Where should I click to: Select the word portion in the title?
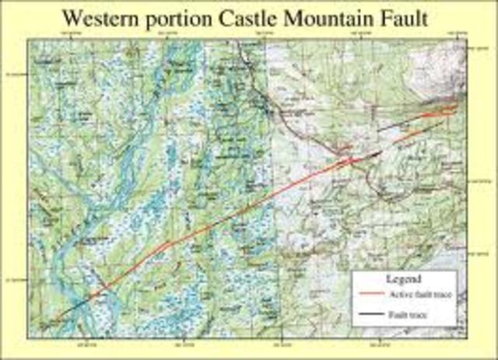point(188,17)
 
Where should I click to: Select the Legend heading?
point(404,278)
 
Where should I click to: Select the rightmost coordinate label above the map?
point(458,34)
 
